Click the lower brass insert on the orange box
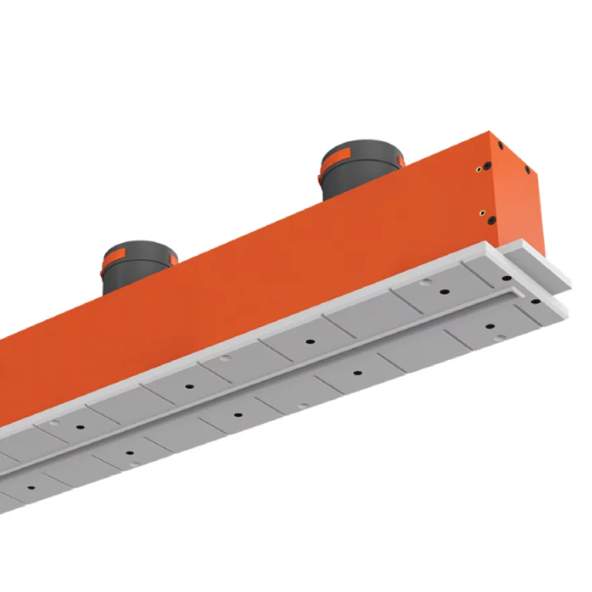pyautogui.click(x=483, y=213)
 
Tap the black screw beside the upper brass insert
pyautogui.click(x=487, y=165)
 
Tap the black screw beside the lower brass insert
pyautogui.click(x=491, y=220)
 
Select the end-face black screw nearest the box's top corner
pyautogui.click(x=501, y=145)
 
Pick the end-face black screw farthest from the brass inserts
pyautogui.click(x=527, y=170)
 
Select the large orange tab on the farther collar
pyautogui.click(x=116, y=253)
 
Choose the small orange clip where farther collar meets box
pyautogui.click(x=172, y=260)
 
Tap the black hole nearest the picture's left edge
pyautogui.click(x=31, y=488)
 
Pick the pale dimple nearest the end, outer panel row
pyautogui.click(x=501, y=337)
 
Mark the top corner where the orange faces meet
pyautogui.click(x=489, y=131)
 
